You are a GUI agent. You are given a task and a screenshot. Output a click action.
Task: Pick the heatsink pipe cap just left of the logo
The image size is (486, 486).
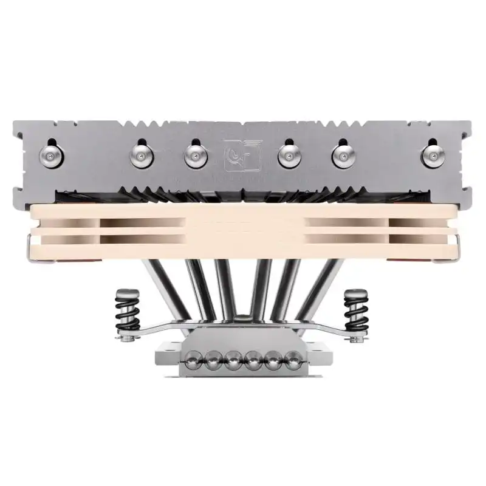click(x=195, y=157)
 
